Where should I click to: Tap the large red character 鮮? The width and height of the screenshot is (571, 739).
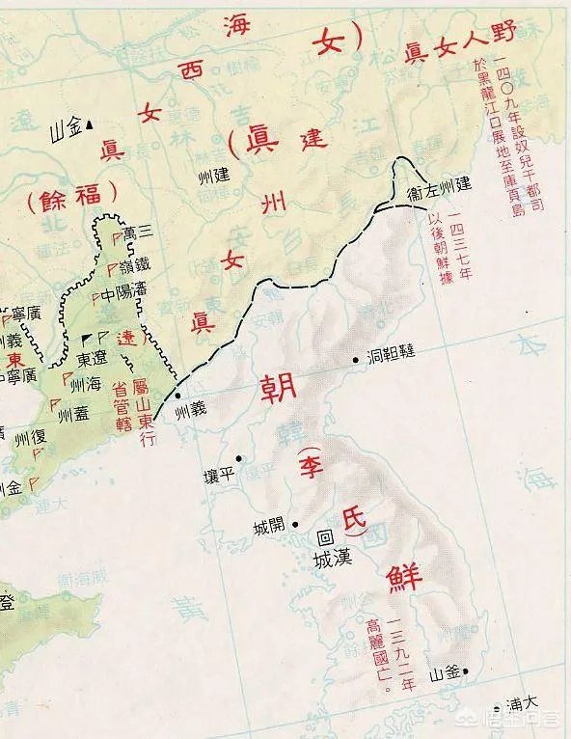click(405, 575)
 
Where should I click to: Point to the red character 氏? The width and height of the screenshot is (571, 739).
click(346, 522)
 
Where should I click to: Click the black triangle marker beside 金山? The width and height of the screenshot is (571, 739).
click(88, 123)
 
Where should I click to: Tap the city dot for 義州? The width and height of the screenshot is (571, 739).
click(177, 396)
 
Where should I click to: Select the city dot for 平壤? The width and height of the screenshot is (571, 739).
click(239, 458)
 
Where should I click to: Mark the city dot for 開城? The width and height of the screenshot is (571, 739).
click(295, 525)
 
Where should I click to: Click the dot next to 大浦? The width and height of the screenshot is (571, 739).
click(498, 709)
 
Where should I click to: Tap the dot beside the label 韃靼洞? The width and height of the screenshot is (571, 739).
click(357, 357)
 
